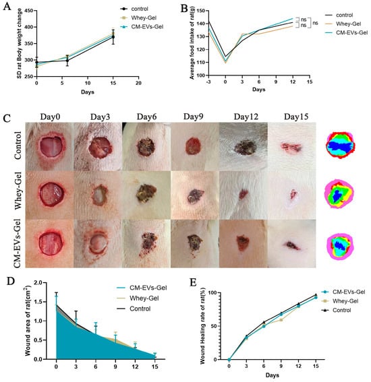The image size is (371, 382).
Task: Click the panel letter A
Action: click(x=7, y=6)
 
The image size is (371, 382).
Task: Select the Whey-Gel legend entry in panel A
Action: click(x=138, y=18)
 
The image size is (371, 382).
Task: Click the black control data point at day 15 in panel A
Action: click(x=113, y=37)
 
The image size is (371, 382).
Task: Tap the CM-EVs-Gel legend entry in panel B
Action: click(x=346, y=32)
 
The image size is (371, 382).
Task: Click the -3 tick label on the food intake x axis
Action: click(x=208, y=82)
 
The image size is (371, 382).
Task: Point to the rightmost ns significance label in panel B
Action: click(x=315, y=23)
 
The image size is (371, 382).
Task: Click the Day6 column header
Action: click(x=146, y=117)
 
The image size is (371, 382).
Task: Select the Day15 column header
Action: click(x=296, y=117)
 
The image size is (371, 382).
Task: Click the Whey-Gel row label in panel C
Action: click(x=18, y=191)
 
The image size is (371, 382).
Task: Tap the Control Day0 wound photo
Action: click(x=49, y=147)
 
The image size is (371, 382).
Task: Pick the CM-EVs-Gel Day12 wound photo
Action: click(x=244, y=244)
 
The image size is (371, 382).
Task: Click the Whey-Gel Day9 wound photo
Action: click(x=195, y=195)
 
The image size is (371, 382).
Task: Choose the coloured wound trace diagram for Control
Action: click(x=340, y=145)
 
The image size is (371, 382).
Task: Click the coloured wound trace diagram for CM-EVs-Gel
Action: click(x=339, y=247)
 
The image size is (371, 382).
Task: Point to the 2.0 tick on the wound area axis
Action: click(x=38, y=282)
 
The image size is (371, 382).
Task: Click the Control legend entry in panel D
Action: click(x=134, y=309)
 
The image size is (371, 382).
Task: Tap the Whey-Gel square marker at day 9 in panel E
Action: click(x=281, y=320)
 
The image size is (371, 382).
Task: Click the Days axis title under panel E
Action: click(x=273, y=375)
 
